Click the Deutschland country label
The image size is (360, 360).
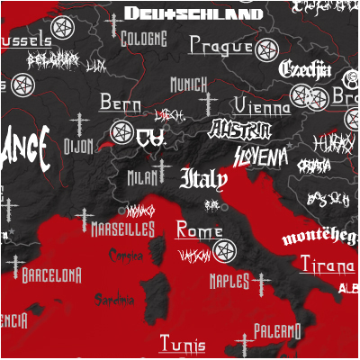193,13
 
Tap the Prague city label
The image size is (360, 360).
220,46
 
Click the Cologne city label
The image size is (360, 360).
144,39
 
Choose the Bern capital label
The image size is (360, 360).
121,103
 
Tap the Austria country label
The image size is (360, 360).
239,130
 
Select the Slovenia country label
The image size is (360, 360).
261,157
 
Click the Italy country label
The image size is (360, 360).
203,179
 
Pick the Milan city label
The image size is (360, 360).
142,177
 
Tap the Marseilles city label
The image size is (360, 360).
122,229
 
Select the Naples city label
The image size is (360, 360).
229,282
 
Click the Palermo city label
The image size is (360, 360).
276,331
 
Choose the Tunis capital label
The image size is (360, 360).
182,343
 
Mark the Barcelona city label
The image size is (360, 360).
52,274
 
